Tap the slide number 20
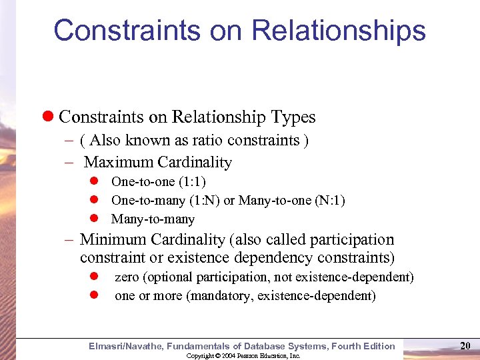[x=465, y=345]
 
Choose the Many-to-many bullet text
[x=153, y=219]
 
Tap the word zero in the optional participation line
[x=127, y=277]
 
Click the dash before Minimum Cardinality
[x=70, y=239]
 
